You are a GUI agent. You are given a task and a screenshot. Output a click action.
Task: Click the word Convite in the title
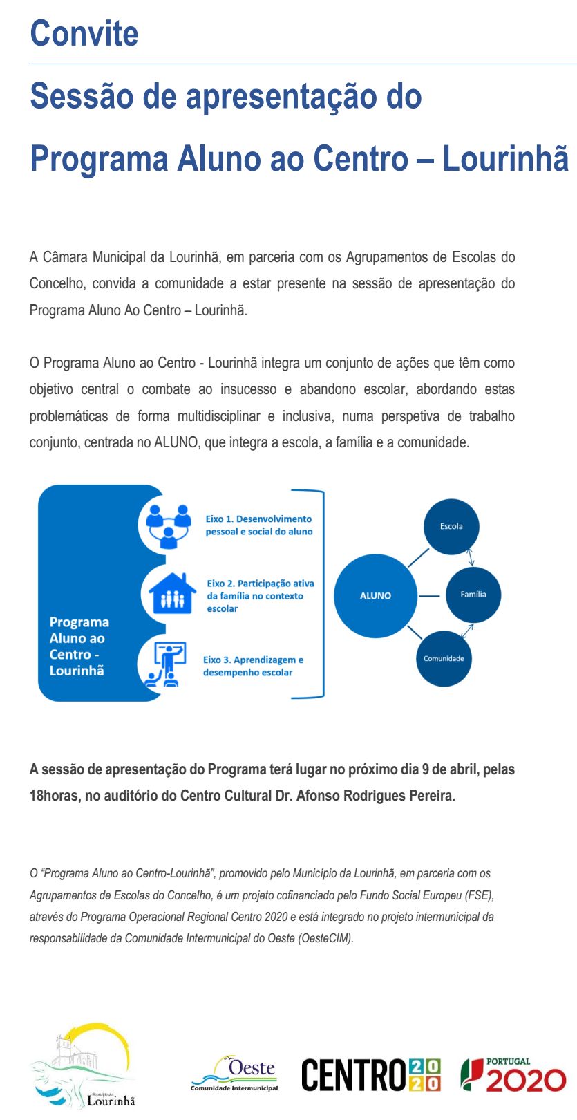point(84,33)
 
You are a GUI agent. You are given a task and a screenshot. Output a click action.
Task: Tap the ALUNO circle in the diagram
point(375,595)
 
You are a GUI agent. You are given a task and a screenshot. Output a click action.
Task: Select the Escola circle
point(451,526)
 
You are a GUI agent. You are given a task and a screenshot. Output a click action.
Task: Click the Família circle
point(473,595)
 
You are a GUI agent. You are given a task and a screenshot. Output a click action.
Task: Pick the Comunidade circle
point(444,658)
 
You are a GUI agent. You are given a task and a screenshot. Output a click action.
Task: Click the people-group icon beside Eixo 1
point(169,525)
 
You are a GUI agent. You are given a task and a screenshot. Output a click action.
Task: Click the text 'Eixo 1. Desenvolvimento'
point(258,519)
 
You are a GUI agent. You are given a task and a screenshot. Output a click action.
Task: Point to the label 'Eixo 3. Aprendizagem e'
point(253,660)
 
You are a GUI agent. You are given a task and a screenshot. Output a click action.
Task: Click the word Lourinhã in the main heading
point(505,158)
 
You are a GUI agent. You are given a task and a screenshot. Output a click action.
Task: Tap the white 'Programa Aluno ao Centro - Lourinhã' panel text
point(79,646)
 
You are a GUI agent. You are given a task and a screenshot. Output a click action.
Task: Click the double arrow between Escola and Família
point(471,557)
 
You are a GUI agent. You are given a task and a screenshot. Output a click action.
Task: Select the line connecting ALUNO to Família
point(430,595)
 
